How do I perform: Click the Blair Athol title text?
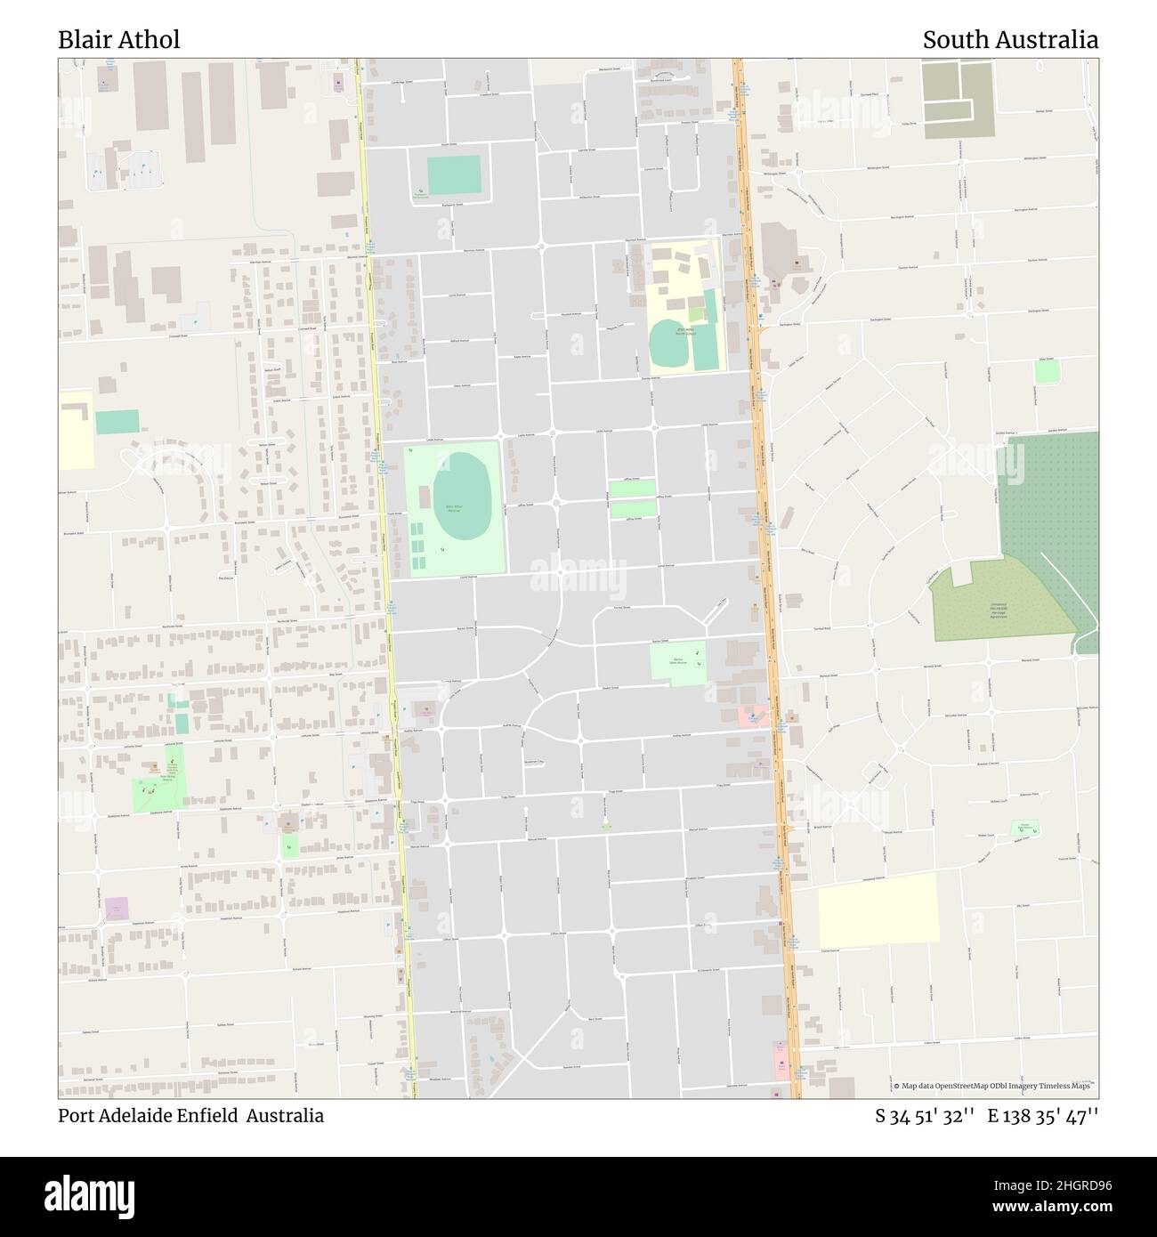coord(118,39)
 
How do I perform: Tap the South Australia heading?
coord(1009,39)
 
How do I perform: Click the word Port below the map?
coord(73,1115)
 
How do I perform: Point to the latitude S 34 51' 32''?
coord(926,1115)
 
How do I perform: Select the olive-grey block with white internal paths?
coord(958,99)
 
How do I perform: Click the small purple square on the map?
coord(117,909)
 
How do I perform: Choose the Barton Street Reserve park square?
coord(678,663)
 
